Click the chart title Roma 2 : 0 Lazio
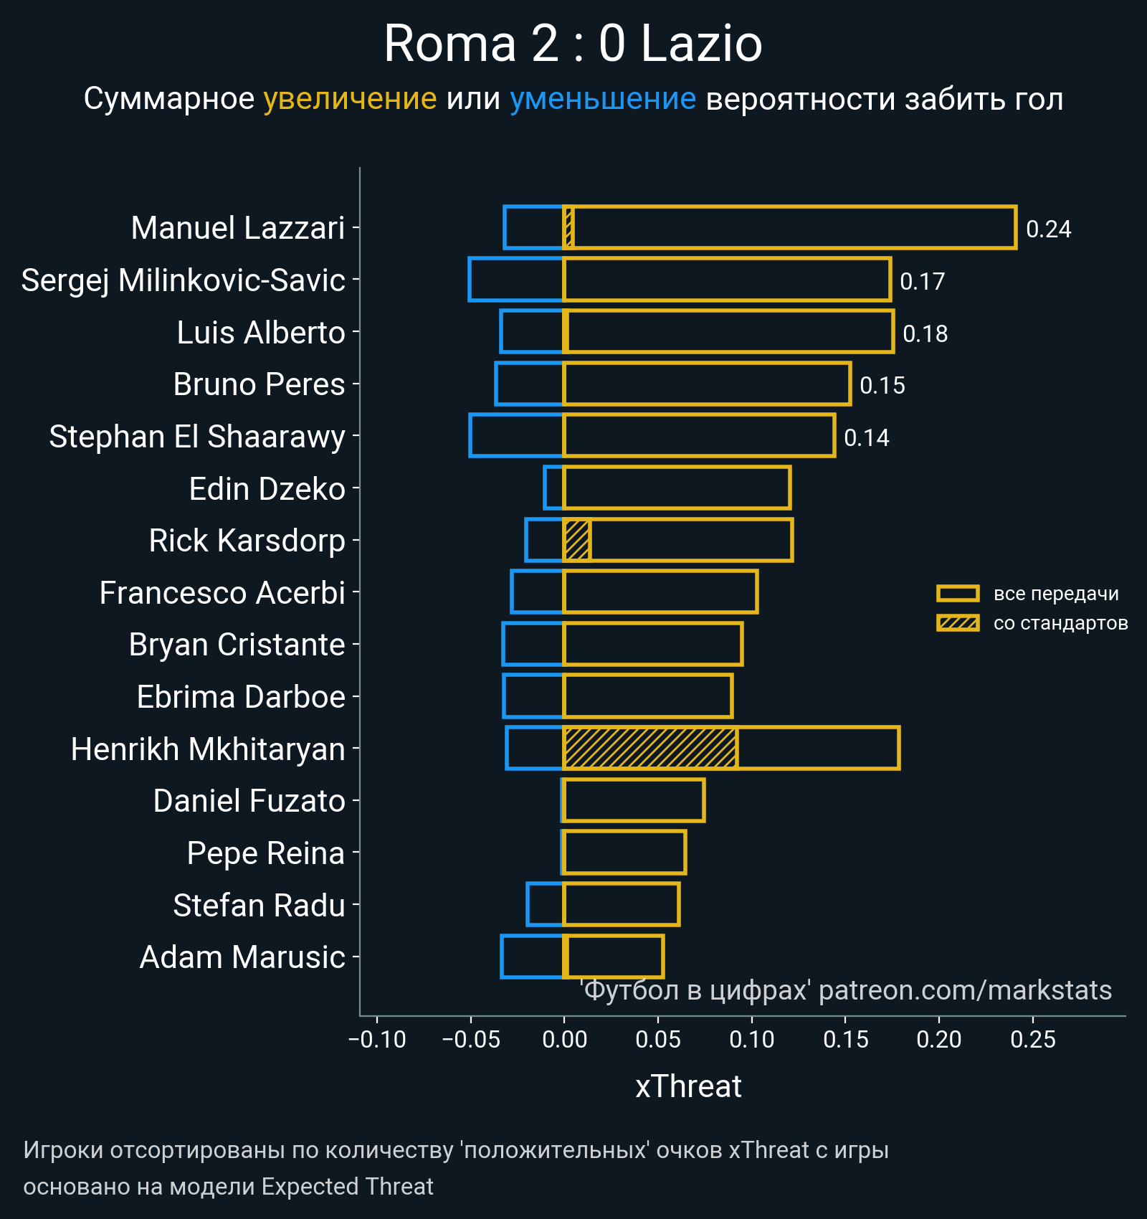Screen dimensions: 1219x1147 click(x=573, y=44)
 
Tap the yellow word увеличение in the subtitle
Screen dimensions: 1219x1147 click(x=350, y=99)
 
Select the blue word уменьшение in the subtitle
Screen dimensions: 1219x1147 click(x=602, y=99)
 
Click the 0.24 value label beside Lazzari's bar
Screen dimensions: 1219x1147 click(x=1048, y=229)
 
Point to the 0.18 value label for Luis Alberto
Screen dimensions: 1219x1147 click(x=925, y=334)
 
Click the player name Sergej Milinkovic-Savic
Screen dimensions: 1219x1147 click(x=184, y=280)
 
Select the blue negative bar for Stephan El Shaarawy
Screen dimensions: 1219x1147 click(x=516, y=435)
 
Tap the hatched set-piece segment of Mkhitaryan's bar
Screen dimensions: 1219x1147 click(x=650, y=749)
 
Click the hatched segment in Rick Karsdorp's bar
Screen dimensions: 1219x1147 click(x=577, y=540)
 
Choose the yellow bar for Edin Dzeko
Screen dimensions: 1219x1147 click(x=677, y=488)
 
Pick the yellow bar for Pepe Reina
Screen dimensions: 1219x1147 click(x=624, y=853)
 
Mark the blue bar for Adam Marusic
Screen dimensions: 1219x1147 click(x=532, y=957)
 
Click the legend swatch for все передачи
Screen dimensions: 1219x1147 click(x=958, y=594)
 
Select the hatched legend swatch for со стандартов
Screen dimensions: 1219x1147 click(x=958, y=623)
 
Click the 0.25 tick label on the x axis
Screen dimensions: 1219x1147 click(x=1033, y=1039)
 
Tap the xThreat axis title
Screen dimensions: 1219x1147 click(x=688, y=1086)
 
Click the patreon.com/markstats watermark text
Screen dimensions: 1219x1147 click(x=965, y=990)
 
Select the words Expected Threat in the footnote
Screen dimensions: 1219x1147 click(x=347, y=1187)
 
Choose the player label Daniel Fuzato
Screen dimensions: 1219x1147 click(x=249, y=801)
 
